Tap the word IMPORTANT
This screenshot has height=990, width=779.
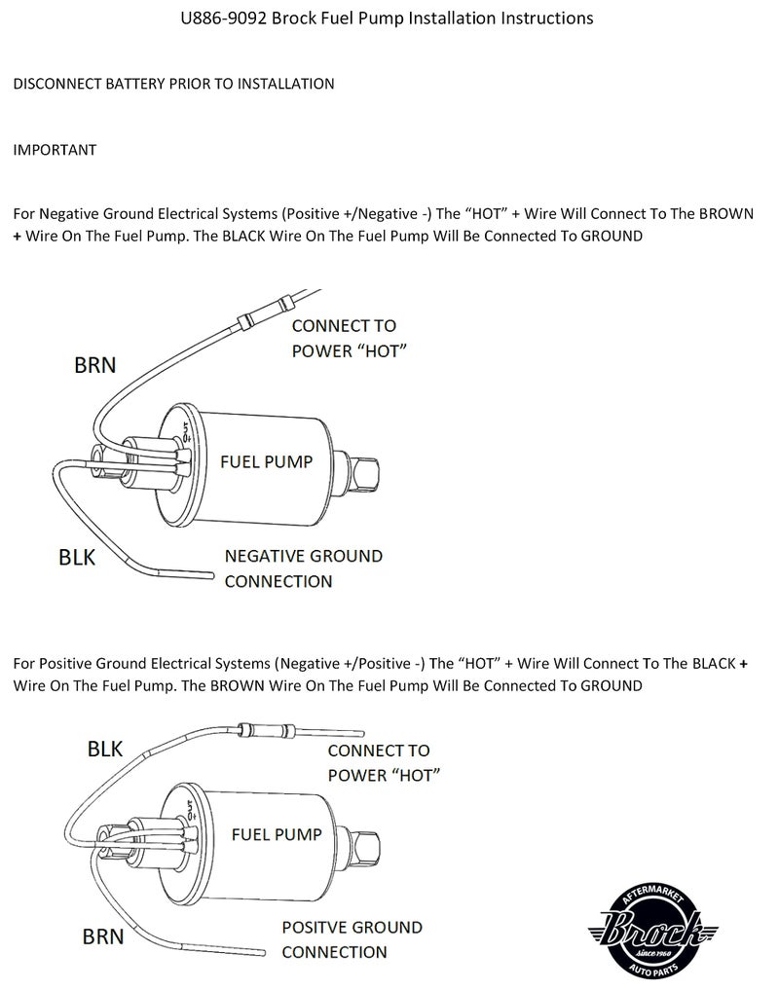55,150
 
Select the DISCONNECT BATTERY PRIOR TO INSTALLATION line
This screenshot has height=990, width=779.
173,84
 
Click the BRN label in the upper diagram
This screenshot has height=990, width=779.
94,365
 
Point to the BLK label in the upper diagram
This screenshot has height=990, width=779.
77,558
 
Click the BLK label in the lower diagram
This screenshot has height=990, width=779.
105,749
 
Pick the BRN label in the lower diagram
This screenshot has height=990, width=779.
103,936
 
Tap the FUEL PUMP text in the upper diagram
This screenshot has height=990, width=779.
266,461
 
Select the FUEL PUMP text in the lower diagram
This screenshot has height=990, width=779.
277,834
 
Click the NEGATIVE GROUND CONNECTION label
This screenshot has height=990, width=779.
303,568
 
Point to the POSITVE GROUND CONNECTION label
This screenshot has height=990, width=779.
352,939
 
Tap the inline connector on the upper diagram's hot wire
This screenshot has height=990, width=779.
261,311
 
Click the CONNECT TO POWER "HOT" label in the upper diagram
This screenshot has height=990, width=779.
348,338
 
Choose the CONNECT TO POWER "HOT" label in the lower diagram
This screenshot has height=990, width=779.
384,762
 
